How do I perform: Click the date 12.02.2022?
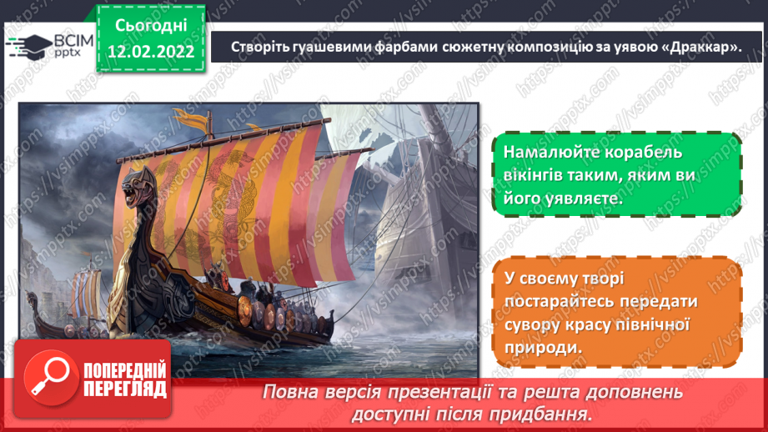(x=150, y=52)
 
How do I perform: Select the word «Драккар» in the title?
(x=695, y=48)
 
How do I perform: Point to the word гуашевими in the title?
(x=337, y=48)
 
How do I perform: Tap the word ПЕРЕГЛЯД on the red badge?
(x=123, y=389)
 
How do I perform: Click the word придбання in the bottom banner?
(x=554, y=414)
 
